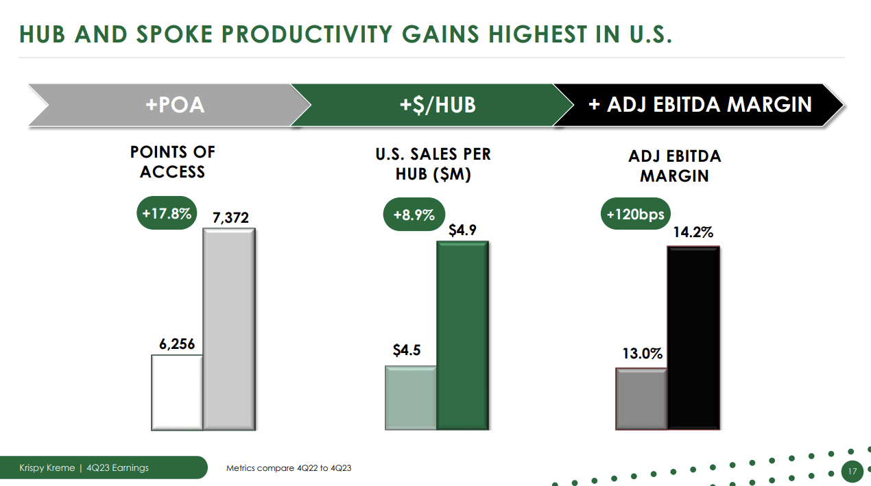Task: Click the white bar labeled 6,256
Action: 177,392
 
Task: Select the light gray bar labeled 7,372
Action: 230,329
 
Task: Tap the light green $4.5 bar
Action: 411,398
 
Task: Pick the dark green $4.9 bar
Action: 463,336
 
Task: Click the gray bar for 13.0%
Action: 641,399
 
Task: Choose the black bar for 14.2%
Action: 693,338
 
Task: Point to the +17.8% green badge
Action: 166,213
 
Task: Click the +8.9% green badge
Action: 414,215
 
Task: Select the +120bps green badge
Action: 635,215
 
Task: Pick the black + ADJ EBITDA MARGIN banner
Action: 700,105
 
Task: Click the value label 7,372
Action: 230,218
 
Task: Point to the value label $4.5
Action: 407,350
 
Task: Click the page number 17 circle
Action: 852,472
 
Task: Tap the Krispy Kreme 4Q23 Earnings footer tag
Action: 84,468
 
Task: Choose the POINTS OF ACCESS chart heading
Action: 173,162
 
